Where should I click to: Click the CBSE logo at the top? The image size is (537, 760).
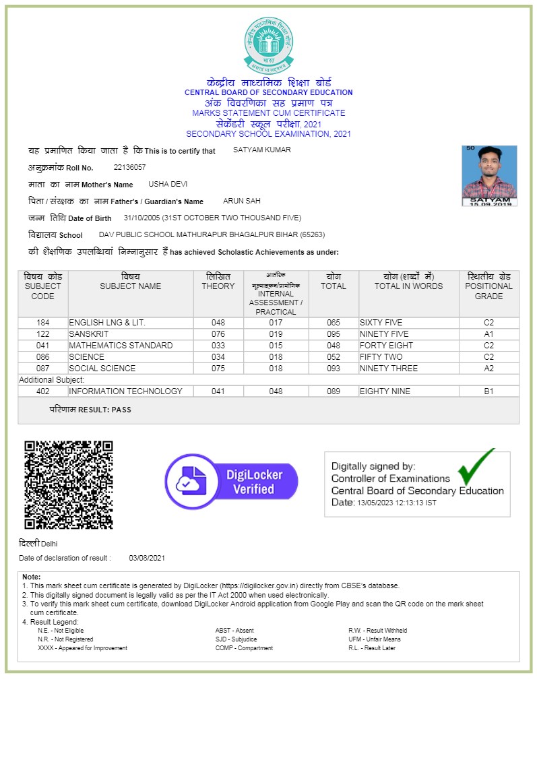[269, 45]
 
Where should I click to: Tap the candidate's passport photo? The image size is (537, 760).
[489, 175]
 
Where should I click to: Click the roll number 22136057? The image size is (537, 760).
[129, 167]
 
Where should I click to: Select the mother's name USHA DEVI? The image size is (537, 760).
[168, 184]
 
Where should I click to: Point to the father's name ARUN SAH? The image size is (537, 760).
[242, 201]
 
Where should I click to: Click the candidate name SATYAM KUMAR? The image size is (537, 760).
[262, 150]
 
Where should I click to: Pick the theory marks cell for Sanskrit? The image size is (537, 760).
[218, 334]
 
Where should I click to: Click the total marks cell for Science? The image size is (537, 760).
[334, 357]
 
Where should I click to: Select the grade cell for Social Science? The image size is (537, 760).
[488, 369]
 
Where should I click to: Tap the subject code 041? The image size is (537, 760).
[43, 346]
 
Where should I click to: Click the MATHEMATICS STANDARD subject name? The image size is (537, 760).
[121, 346]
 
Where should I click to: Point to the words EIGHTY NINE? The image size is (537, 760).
[384, 391]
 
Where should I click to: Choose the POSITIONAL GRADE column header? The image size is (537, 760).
[488, 286]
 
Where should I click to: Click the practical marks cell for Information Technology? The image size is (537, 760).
[276, 391]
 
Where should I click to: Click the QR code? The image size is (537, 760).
[69, 484]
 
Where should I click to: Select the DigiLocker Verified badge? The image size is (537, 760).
[231, 481]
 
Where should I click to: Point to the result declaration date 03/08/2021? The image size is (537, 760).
[147, 558]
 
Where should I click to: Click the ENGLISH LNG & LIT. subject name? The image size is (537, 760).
[107, 323]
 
